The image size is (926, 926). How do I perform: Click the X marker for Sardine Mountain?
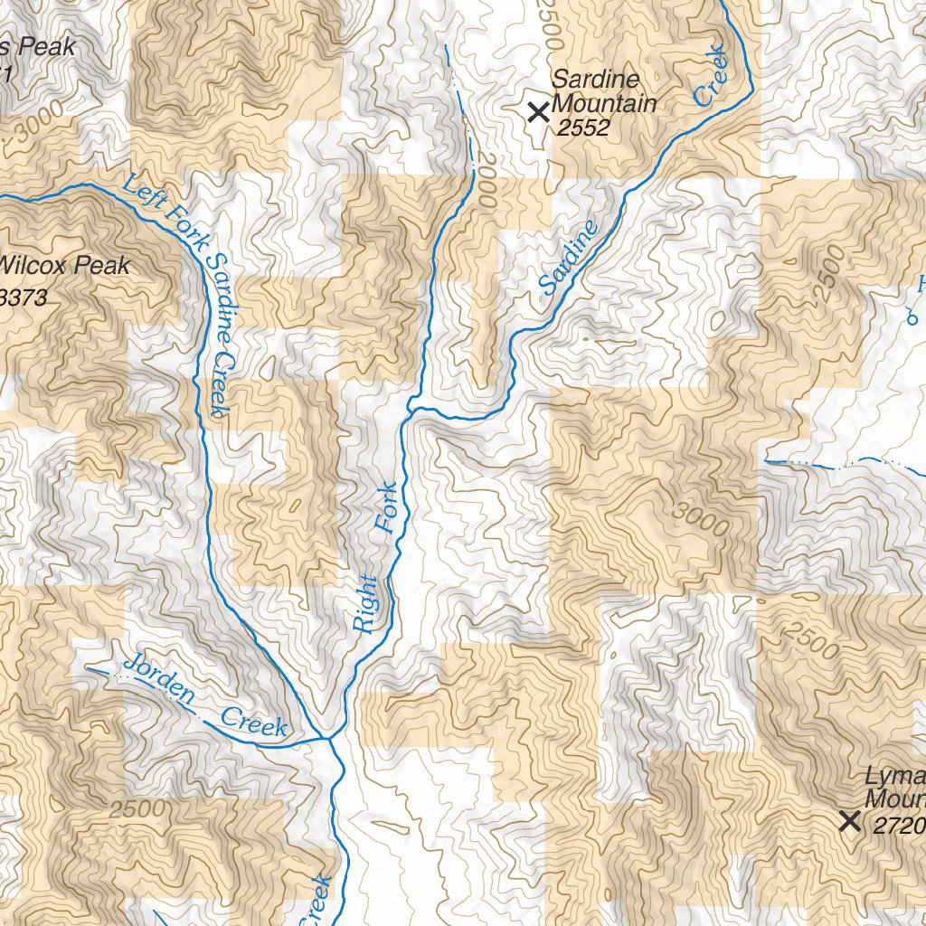click(538, 112)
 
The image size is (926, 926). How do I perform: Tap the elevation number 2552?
click(583, 128)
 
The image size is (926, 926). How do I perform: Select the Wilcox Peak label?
click(65, 266)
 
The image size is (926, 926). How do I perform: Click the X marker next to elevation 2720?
click(849, 821)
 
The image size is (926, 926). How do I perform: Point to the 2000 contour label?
click(485, 181)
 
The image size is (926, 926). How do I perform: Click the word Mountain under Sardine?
click(604, 104)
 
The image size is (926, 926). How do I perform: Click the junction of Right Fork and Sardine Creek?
click(412, 409)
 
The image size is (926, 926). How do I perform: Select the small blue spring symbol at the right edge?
click(912, 317)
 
